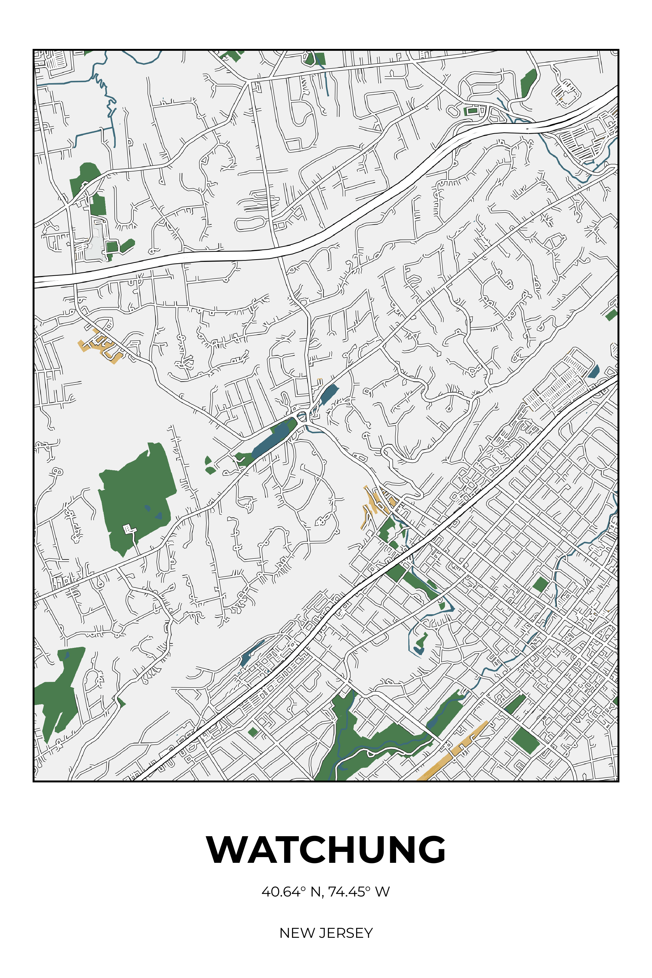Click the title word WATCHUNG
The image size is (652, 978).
[326, 850]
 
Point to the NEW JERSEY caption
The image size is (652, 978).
[326, 933]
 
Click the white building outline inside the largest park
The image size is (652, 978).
[129, 529]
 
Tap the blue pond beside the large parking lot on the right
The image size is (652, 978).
[594, 371]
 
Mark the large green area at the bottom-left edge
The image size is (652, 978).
[58, 692]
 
